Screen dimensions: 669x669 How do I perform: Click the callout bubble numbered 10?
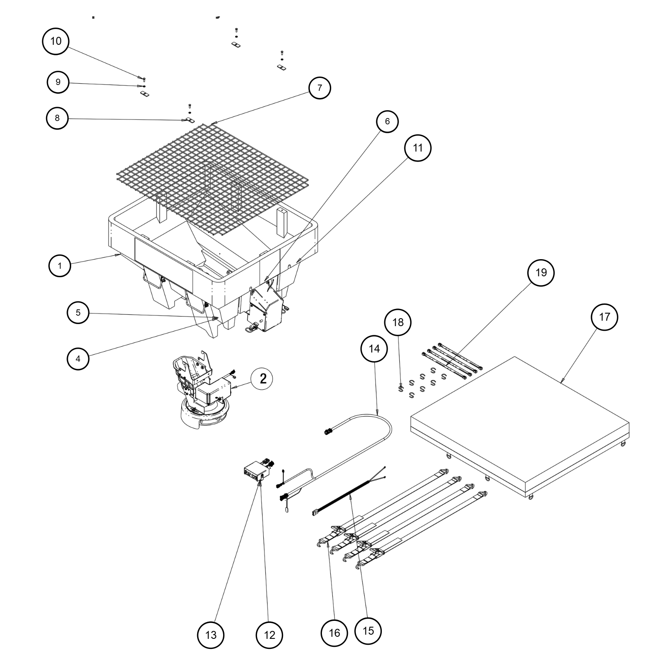coord(56,41)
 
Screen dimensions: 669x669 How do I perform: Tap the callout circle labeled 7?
coord(320,88)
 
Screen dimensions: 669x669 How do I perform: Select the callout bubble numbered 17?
coord(605,317)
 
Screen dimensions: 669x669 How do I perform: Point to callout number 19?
coord(541,273)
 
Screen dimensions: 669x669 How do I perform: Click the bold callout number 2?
coord(263,379)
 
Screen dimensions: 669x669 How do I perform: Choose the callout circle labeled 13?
coord(211,635)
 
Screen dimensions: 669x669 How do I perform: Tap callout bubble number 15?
coord(368,631)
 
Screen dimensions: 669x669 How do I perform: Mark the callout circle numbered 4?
coord(78,358)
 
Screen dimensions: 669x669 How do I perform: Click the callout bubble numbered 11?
coord(417,148)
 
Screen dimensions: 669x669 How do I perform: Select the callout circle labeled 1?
coord(60,266)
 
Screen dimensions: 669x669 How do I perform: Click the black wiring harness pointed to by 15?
coord(347,498)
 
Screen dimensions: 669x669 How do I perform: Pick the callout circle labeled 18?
coord(398,322)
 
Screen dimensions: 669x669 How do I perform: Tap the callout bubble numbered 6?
coord(387,121)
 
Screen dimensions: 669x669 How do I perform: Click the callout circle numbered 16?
coord(334,633)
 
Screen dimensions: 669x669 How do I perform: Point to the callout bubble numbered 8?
coord(57,118)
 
